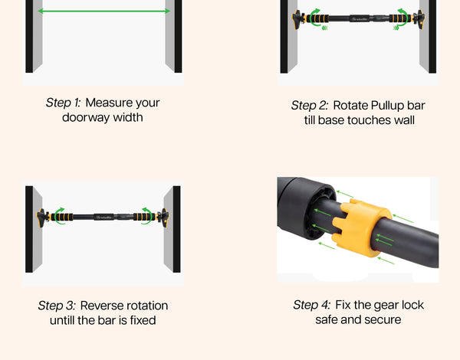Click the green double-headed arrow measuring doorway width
(104, 11)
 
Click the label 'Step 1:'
(63, 103)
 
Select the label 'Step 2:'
(310, 106)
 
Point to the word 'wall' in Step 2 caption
(404, 120)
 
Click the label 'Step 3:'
(57, 306)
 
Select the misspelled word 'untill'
(62, 320)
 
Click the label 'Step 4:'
(312, 305)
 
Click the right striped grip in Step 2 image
(400, 18)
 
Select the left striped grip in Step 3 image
(62, 218)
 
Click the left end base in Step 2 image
(297, 19)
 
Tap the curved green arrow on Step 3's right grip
(147, 216)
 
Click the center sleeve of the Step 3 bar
(103, 218)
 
